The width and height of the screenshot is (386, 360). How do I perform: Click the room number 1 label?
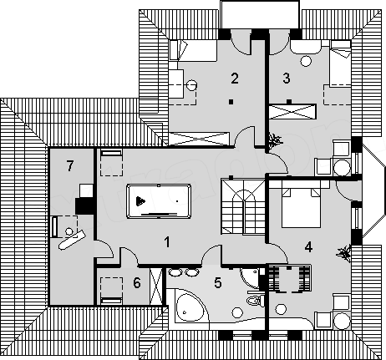[x=167, y=241]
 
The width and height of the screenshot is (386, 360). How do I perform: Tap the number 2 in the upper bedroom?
[x=235, y=79]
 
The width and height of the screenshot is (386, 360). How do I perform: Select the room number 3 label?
[x=287, y=79]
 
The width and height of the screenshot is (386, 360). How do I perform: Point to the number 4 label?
[x=308, y=246]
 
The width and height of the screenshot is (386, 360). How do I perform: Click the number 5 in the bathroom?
[x=218, y=282]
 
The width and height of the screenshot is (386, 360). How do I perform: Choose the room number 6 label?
[x=137, y=283]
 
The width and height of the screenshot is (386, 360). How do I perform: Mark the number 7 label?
[x=70, y=166]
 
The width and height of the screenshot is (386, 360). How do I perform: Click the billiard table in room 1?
[x=159, y=201]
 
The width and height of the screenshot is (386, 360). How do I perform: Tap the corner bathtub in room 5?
[x=190, y=307]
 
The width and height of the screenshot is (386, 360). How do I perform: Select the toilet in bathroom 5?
[x=256, y=301]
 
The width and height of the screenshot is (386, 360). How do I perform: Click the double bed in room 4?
[x=301, y=207]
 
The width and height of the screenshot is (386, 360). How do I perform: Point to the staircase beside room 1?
[x=242, y=207]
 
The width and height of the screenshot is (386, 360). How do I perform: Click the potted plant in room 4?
[x=344, y=253]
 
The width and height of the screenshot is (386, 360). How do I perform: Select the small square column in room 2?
[x=231, y=102]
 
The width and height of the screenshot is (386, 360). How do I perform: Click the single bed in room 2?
[x=193, y=50]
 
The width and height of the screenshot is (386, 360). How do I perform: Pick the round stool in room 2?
[x=191, y=84]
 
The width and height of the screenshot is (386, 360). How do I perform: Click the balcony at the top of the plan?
[x=260, y=14]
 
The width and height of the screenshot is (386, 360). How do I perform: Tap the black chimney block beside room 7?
[x=84, y=205]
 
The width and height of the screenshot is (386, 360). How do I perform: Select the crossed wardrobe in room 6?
[x=155, y=286]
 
